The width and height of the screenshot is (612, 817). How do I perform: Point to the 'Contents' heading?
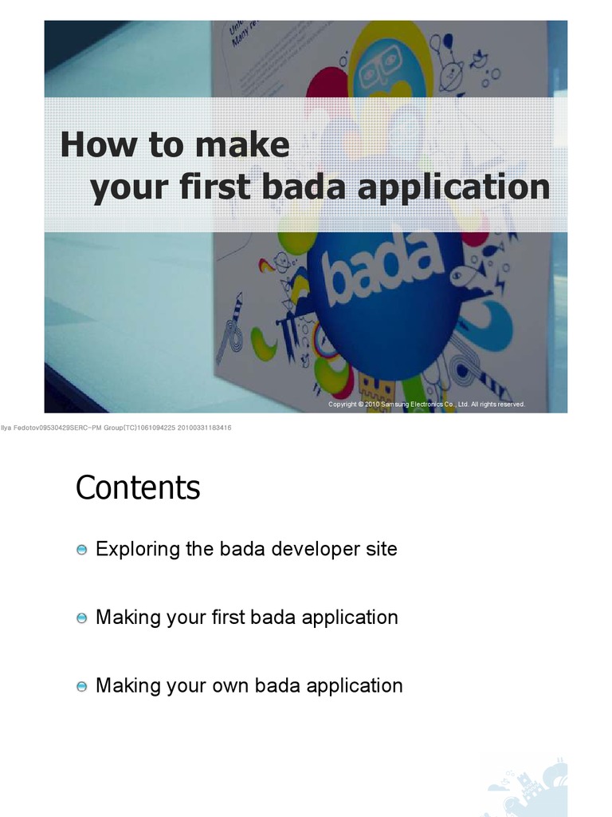pyautogui.click(x=138, y=487)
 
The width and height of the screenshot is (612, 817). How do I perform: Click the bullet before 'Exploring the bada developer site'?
pyautogui.click(x=82, y=550)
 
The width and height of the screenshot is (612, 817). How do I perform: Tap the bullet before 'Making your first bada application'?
pyautogui.click(x=82, y=618)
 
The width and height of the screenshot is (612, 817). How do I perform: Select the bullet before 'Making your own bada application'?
pyautogui.click(x=82, y=686)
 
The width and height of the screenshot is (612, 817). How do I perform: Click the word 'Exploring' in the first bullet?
pyautogui.click(x=131, y=550)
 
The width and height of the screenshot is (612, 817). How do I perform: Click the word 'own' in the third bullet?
pyautogui.click(x=233, y=685)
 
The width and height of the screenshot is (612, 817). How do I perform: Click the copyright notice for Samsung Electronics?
pyautogui.click(x=426, y=405)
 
